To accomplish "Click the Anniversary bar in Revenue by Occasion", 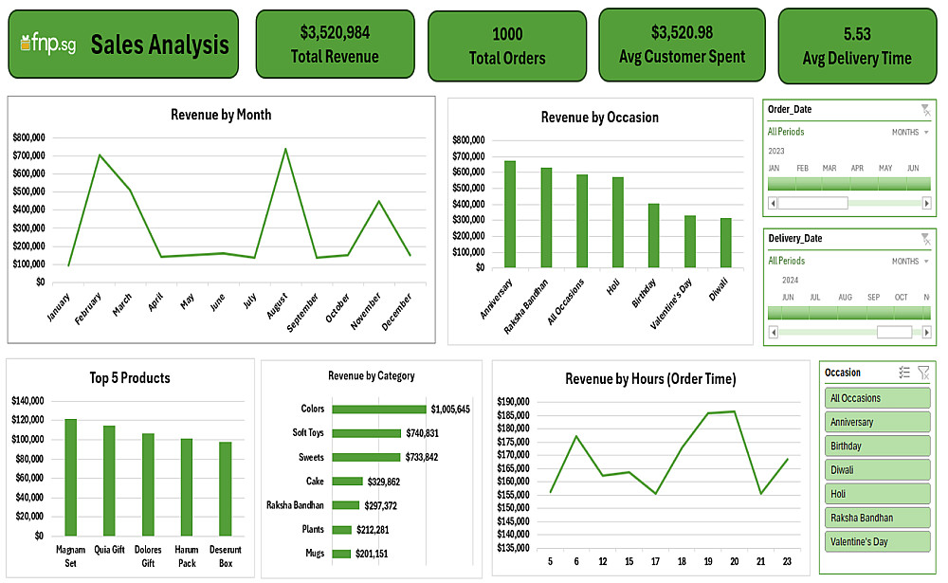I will click(510, 214).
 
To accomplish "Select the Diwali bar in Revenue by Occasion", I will click(726, 243).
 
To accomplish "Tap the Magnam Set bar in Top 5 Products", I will click(70, 477).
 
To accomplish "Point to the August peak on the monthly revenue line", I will click(284, 149).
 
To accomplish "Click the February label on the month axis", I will click(88, 305).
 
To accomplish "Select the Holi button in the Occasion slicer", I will click(876, 494).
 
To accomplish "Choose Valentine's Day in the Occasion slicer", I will click(876, 541).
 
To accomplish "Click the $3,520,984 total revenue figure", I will click(335, 32).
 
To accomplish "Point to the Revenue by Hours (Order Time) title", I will click(650, 379).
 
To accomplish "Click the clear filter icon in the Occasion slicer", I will click(923, 373).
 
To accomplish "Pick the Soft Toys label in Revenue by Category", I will click(308, 433).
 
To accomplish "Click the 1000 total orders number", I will click(507, 34).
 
